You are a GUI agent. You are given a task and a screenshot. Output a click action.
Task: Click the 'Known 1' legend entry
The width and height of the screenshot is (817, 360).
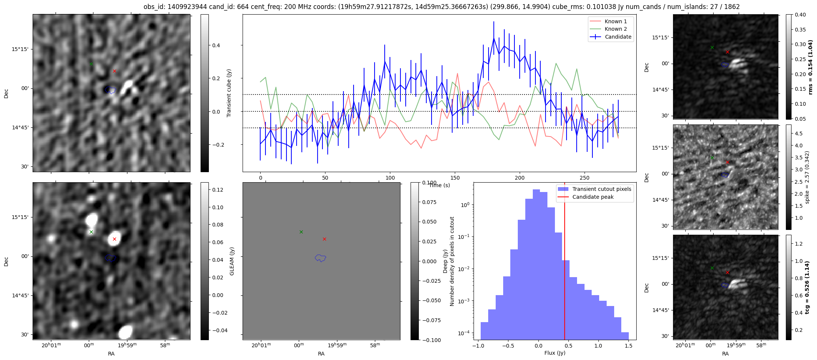[x=615, y=21]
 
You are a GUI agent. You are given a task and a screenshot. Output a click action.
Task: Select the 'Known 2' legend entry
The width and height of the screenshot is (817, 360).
[x=615, y=29]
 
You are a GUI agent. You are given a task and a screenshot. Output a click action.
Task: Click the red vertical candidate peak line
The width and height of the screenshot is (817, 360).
[x=565, y=262]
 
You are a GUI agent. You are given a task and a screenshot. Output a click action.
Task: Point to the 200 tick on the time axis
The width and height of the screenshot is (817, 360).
[x=520, y=178]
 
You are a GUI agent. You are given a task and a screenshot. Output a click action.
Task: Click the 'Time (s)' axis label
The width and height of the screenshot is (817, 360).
[x=439, y=185]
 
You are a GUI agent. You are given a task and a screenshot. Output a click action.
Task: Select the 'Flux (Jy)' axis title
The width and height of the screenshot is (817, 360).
[x=555, y=353]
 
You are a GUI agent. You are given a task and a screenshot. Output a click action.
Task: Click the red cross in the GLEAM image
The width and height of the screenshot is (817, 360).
[x=114, y=239]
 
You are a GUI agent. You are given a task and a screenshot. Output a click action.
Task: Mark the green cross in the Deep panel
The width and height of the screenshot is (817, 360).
[x=301, y=232]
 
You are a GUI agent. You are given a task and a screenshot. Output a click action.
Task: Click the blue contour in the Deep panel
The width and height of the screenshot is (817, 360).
[x=320, y=258]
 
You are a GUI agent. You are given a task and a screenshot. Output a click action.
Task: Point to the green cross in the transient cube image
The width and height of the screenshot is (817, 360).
[x=91, y=64]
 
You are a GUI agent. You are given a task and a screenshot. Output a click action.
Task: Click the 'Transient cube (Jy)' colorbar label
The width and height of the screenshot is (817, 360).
[x=229, y=93]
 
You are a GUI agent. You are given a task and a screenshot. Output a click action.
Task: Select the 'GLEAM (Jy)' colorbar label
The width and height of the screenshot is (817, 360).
[x=232, y=261]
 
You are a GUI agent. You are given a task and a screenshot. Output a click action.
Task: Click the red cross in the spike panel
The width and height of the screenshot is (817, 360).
[x=727, y=162]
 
